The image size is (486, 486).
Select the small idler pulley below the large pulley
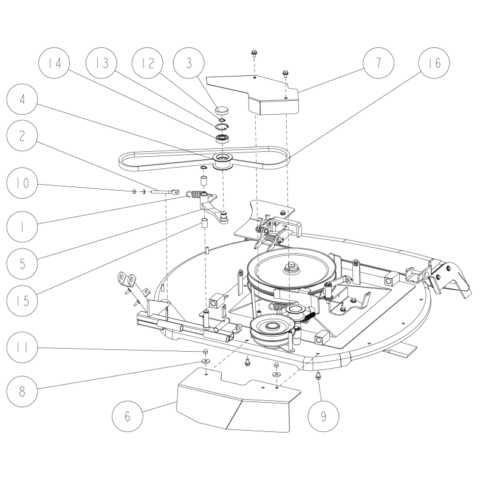point(271,331)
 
